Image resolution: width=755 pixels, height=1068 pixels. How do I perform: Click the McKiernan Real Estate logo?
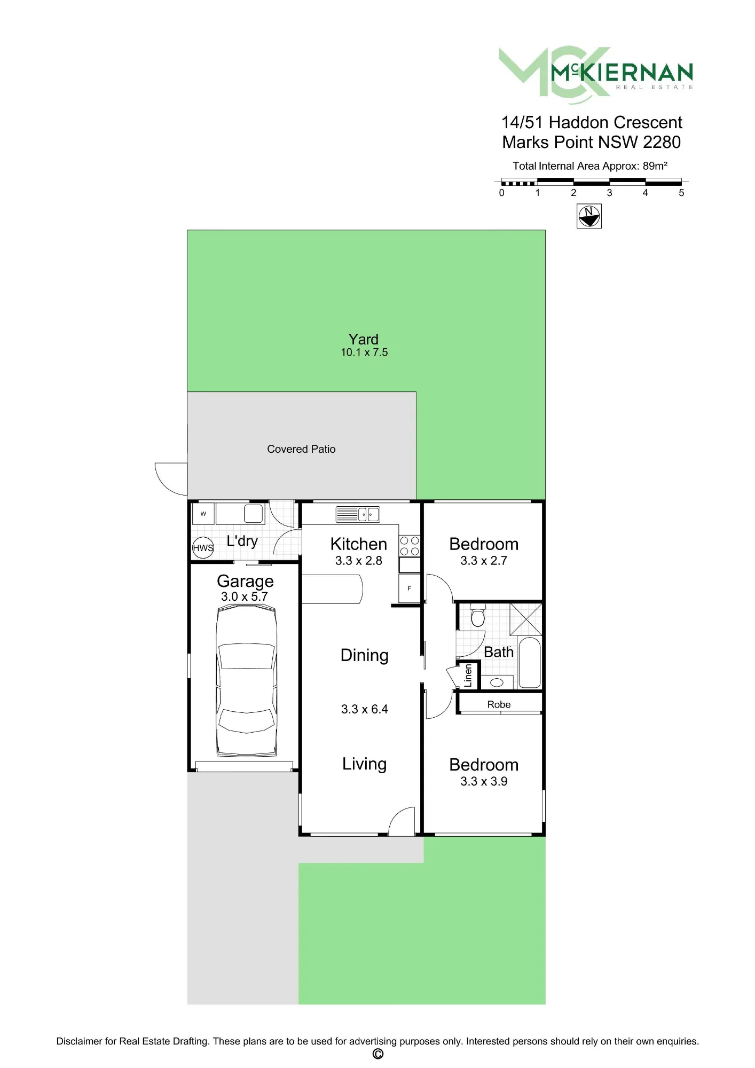[x=595, y=74]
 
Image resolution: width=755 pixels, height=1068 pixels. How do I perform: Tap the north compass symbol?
[x=589, y=216]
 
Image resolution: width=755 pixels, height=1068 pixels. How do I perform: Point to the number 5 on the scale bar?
[x=681, y=193]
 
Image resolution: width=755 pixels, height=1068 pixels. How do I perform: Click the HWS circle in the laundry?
[x=203, y=547]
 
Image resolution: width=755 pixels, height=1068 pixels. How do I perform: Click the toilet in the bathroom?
[x=478, y=614]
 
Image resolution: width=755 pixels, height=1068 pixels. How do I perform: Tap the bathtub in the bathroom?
[x=529, y=662]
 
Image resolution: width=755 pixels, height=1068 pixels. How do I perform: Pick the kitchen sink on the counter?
[x=358, y=514]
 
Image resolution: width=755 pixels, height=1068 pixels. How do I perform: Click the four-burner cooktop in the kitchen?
[x=410, y=546]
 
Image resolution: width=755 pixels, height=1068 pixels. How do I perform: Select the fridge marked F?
[x=410, y=588]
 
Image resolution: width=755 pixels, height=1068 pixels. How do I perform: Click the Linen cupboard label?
[x=468, y=675]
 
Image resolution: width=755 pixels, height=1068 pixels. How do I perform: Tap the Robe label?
[x=499, y=704]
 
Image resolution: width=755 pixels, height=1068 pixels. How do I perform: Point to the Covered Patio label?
[x=301, y=449]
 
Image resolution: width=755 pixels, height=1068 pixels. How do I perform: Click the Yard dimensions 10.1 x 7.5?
[x=364, y=352]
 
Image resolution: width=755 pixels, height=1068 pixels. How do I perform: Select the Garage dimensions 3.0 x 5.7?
[x=245, y=596]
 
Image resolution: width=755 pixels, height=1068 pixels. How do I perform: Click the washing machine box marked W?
[x=203, y=514]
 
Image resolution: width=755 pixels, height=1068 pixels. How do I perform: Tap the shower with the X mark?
[x=526, y=619]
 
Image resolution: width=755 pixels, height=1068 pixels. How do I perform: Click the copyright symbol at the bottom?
[x=377, y=1054]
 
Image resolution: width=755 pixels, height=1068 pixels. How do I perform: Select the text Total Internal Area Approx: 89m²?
[x=590, y=166]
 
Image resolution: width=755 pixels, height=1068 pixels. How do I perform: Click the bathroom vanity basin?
[x=497, y=682]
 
